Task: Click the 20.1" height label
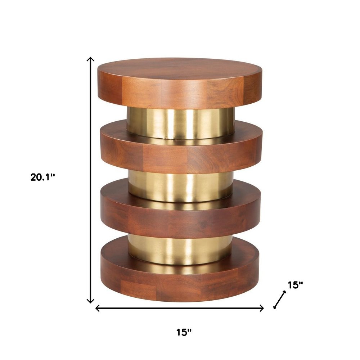(43, 177)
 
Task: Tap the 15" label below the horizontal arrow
(184, 332)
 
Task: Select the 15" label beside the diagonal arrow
(295, 285)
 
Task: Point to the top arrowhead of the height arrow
(91, 59)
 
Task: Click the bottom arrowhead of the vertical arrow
(91, 302)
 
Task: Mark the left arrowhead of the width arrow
(96, 308)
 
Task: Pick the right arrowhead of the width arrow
(263, 308)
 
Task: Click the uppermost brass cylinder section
(180, 122)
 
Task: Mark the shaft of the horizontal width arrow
(180, 308)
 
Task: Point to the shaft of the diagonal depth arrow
(280, 300)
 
